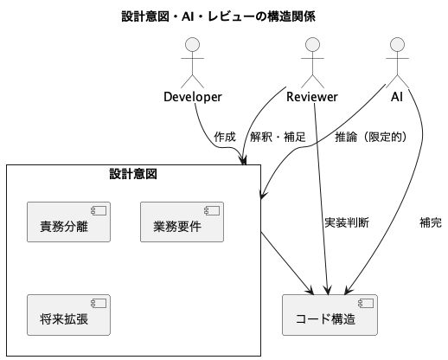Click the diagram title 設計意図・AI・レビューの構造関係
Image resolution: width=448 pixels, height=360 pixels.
(x=218, y=16)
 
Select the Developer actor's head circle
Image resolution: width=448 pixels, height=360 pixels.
(x=192, y=45)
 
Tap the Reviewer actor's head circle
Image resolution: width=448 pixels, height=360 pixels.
(x=312, y=45)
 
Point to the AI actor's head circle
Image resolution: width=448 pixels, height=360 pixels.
(x=397, y=45)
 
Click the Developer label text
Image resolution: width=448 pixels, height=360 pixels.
(x=193, y=97)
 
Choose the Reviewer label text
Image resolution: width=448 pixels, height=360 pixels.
(x=312, y=97)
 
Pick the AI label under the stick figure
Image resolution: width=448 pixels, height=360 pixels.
(x=397, y=97)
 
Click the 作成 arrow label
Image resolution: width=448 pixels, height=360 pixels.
(x=225, y=137)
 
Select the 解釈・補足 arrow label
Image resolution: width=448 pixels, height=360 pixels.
(x=278, y=137)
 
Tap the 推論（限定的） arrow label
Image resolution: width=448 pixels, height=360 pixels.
(x=371, y=137)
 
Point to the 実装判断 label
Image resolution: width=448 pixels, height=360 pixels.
(x=347, y=222)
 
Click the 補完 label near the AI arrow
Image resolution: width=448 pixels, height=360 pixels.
(x=431, y=222)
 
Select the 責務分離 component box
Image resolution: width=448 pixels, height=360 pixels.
(x=68, y=222)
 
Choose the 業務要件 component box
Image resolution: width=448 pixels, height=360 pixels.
(x=182, y=222)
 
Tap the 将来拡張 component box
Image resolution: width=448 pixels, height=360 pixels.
(x=68, y=315)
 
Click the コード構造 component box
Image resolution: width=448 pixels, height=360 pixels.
(x=330, y=315)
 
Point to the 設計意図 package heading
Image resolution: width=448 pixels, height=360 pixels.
(x=133, y=174)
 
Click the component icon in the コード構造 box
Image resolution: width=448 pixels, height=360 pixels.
(x=366, y=304)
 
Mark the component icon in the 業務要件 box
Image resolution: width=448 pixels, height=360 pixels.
(x=212, y=211)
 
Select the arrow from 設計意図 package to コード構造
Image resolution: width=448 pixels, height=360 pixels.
(x=287, y=262)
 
